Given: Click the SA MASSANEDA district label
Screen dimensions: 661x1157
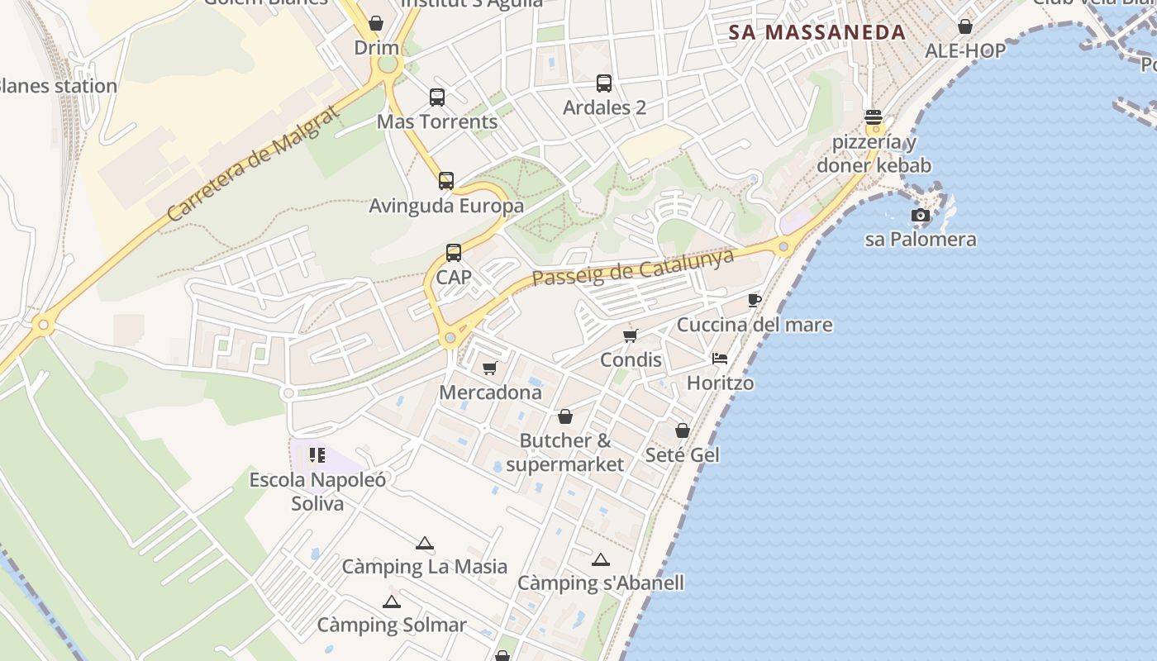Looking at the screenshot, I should (817, 33).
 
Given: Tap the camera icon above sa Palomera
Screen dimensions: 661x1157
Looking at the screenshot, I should (920, 216).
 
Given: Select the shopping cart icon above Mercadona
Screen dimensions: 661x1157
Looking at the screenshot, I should (490, 368).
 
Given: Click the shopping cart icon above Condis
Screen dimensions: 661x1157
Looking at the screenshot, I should (631, 335).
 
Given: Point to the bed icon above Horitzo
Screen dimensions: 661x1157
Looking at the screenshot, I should (720, 359).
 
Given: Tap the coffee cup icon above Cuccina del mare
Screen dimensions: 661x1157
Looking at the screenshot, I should (754, 300).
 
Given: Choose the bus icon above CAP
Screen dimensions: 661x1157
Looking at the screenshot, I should (454, 253).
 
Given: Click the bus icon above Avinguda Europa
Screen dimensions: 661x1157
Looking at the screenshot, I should (446, 180).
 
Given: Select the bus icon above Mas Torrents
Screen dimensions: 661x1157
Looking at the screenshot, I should (437, 97).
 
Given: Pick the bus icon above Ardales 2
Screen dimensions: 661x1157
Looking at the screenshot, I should (604, 83).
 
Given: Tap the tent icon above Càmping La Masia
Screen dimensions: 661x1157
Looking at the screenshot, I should (425, 543).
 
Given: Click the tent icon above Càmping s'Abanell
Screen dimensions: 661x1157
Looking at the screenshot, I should (601, 559).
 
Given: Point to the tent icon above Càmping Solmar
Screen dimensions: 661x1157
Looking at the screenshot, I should (392, 602).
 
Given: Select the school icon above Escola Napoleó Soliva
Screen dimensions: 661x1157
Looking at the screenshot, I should (317, 455).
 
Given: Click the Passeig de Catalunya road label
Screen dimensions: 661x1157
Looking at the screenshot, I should (633, 268).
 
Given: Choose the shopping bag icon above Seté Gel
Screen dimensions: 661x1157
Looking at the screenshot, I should (683, 430).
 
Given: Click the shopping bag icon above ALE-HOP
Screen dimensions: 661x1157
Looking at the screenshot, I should (964, 26).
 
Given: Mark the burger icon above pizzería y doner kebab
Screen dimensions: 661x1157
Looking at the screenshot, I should (874, 117).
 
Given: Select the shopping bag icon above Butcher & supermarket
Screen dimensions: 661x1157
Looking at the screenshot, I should (565, 416).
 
